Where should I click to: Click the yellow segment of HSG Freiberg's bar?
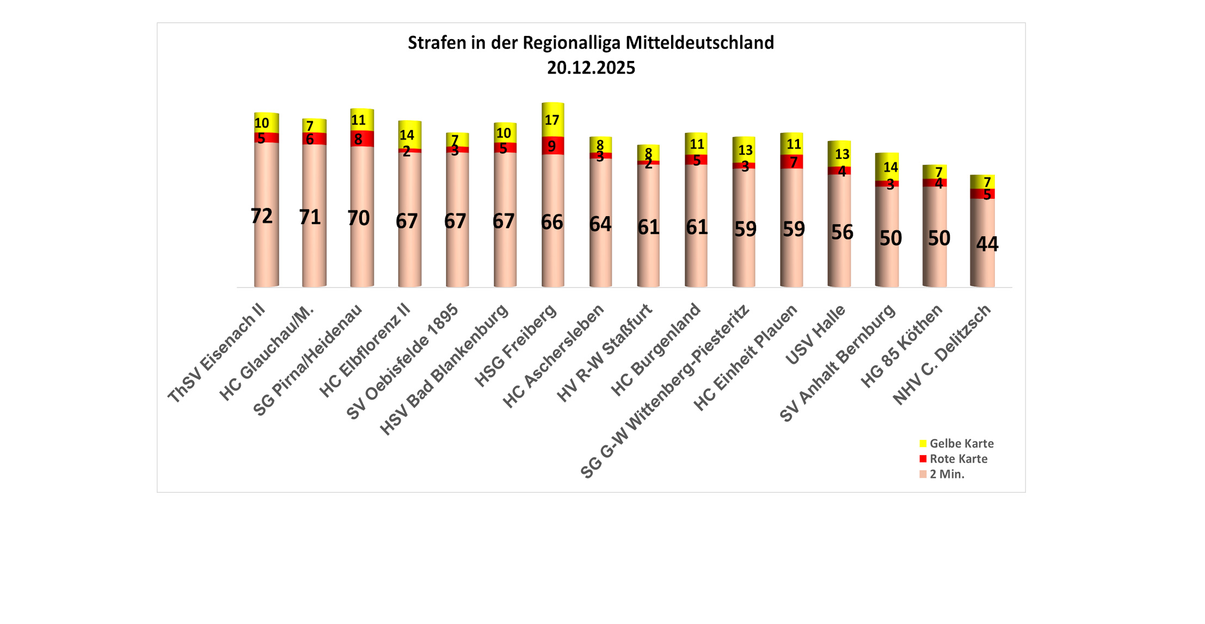[552, 120]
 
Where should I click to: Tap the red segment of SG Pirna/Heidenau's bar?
[362, 139]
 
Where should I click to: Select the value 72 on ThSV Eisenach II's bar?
[261, 216]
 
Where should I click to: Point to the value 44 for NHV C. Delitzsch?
[987, 244]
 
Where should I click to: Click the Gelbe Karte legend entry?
[961, 444]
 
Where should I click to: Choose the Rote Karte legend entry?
[958, 459]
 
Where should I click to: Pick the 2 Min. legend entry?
[946, 474]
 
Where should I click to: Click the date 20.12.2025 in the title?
[591, 68]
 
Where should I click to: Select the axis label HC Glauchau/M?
[267, 353]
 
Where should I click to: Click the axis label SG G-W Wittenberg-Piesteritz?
[666, 391]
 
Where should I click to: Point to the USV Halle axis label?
[815, 334]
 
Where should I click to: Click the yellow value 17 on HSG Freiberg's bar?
[552, 120]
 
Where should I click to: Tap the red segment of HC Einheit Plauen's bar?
[791, 162]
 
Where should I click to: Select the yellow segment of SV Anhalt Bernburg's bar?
[887, 167]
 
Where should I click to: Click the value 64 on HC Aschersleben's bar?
[600, 224]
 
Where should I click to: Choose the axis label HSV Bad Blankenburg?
[444, 369]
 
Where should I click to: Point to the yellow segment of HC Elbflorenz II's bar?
[409, 134]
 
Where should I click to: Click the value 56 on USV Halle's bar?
[842, 233]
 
